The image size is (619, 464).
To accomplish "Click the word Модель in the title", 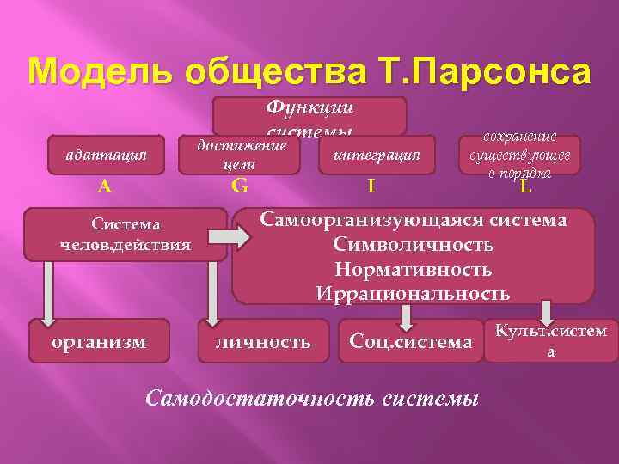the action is [x=89, y=71].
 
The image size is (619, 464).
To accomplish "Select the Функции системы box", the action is [x=309, y=115].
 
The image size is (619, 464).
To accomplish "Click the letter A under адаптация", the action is [x=104, y=185].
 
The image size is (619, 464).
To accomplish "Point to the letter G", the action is [x=240, y=185].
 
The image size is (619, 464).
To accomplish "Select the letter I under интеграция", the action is [x=370, y=185].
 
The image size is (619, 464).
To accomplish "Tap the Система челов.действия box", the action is [x=126, y=234].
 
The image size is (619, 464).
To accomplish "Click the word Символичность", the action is [x=414, y=245].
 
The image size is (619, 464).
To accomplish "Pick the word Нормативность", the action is [x=414, y=269].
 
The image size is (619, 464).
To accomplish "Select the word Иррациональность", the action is [x=414, y=293].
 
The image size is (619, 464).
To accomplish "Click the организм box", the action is [x=100, y=341].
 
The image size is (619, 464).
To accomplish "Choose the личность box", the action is [x=263, y=341].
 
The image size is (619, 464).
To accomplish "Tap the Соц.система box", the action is [x=411, y=341].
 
